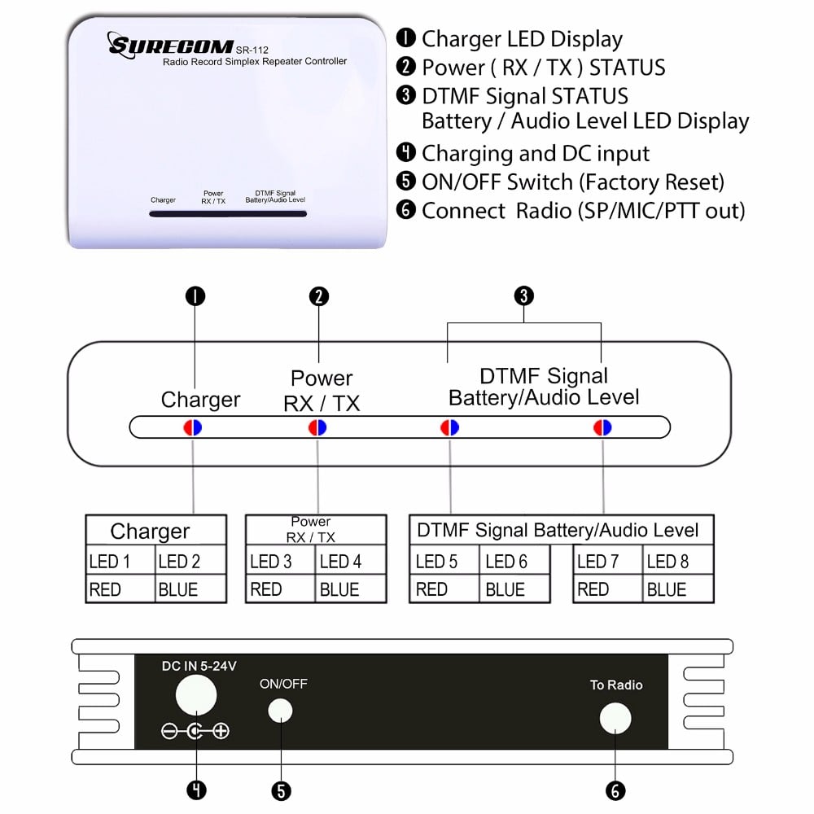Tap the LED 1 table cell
tap(120, 561)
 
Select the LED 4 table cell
tap(350, 561)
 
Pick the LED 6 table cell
tap(514, 561)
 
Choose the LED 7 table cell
tap(607, 561)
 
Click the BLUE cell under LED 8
tap(678, 589)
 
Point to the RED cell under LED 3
tap(280, 589)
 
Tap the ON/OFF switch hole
tap(280, 711)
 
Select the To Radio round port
tap(615, 719)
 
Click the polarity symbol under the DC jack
tap(195, 731)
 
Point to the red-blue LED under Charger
tap(193, 427)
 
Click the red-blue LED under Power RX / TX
tap(317, 427)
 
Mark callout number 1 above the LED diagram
tap(195, 296)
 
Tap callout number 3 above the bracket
tap(524, 296)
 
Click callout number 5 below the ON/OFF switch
tap(281, 790)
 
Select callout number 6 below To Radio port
tap(615, 790)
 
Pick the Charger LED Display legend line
tap(521, 38)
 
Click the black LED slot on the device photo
tap(227, 214)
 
